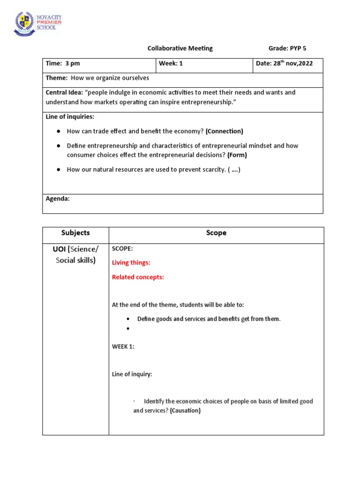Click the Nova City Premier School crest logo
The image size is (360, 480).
[x=24, y=23]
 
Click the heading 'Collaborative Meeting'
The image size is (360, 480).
[x=180, y=48]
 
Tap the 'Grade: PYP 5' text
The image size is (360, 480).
[x=287, y=48]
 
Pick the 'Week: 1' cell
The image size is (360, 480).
[x=171, y=64]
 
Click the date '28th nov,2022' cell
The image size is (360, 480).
[x=285, y=63]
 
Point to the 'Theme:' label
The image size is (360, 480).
[x=56, y=78]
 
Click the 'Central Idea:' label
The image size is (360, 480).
[x=64, y=92]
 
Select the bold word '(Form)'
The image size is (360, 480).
[x=237, y=155]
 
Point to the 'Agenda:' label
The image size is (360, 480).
[x=58, y=199]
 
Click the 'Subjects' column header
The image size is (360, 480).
[x=75, y=233]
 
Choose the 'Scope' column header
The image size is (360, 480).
[x=216, y=233]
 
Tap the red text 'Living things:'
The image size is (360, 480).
[x=131, y=262]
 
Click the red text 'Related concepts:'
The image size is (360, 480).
[x=138, y=277]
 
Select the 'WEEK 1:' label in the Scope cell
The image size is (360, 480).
[x=123, y=346]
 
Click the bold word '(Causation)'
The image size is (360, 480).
[x=185, y=411]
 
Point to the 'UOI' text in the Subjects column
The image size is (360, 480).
[x=60, y=249]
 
